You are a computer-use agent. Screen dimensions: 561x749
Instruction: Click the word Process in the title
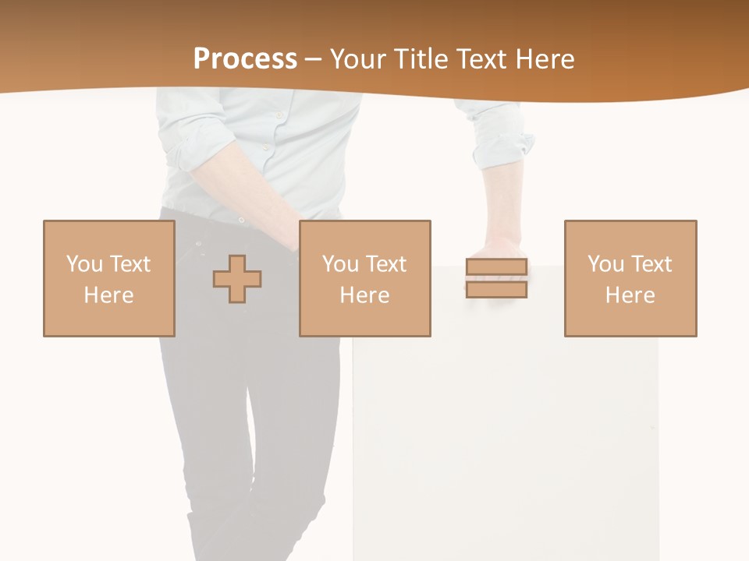pyautogui.click(x=245, y=59)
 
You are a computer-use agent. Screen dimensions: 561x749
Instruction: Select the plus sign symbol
pyautogui.click(x=237, y=279)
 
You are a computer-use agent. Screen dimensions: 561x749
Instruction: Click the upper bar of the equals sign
pyautogui.click(x=496, y=267)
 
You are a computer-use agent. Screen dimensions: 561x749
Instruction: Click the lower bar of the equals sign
pyautogui.click(x=496, y=290)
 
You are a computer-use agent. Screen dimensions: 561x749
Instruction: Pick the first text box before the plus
pyautogui.click(x=109, y=278)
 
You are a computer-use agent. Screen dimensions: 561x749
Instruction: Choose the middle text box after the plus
pyautogui.click(x=364, y=278)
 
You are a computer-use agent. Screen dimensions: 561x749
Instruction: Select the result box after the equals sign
pyautogui.click(x=630, y=278)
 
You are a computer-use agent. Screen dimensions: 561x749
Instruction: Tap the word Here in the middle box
pyautogui.click(x=364, y=295)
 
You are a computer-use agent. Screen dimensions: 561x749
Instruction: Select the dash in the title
pyautogui.click(x=313, y=59)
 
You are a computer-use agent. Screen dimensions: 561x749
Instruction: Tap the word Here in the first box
pyautogui.click(x=109, y=295)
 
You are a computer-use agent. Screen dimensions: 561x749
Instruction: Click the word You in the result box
pyautogui.click(x=605, y=264)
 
